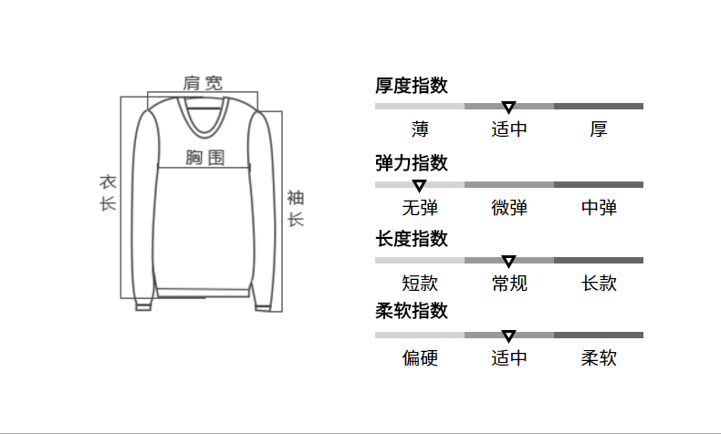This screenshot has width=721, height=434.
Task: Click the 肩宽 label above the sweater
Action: tap(203, 83)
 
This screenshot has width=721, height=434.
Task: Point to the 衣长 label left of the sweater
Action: tap(108, 192)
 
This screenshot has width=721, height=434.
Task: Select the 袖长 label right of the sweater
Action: tap(296, 208)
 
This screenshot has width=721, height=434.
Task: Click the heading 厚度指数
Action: tap(412, 87)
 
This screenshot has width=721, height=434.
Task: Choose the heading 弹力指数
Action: tap(412, 163)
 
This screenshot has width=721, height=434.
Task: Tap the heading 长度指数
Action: tap(412, 239)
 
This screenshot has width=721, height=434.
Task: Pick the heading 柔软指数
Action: tap(412, 311)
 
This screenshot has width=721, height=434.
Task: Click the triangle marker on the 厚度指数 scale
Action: tap(509, 108)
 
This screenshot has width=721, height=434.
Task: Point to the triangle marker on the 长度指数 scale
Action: tap(509, 262)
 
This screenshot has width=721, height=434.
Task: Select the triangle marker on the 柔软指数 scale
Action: tap(509, 336)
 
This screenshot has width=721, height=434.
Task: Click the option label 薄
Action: tap(420, 129)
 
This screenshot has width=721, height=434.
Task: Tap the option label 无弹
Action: tap(420, 208)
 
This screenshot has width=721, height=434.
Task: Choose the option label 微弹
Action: tap(509, 208)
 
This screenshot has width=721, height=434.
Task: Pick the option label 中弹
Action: tap(599, 208)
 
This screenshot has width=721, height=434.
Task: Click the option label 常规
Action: tap(509, 284)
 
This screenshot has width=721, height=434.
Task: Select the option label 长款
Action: tap(599, 284)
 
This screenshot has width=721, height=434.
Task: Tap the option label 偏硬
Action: tap(420, 358)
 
